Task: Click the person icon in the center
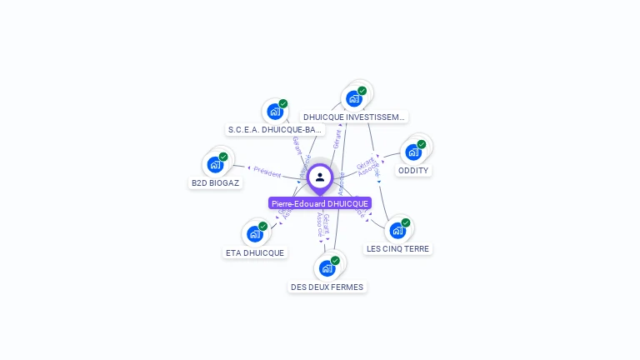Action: point(320,177)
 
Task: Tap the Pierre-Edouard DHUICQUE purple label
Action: point(320,203)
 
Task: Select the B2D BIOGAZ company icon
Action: point(215,164)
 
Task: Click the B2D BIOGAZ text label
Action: point(216,182)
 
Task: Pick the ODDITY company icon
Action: point(413,152)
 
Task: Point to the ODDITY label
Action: point(413,170)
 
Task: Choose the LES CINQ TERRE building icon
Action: point(397,230)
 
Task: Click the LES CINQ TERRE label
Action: point(398,248)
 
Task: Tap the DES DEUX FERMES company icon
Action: point(327,268)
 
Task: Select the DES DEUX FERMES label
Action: point(327,287)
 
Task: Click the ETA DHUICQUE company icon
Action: point(254,234)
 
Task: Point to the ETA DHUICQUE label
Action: point(255,252)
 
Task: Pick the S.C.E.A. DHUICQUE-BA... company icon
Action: point(274,111)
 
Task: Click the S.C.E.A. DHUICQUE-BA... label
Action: point(275,130)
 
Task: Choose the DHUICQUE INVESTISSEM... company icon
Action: point(353,98)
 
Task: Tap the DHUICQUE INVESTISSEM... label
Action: point(354,117)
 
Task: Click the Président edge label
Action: point(267,172)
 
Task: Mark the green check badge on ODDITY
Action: point(422,144)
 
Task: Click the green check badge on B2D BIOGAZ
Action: point(223,157)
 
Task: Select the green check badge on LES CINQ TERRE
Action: point(406,222)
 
